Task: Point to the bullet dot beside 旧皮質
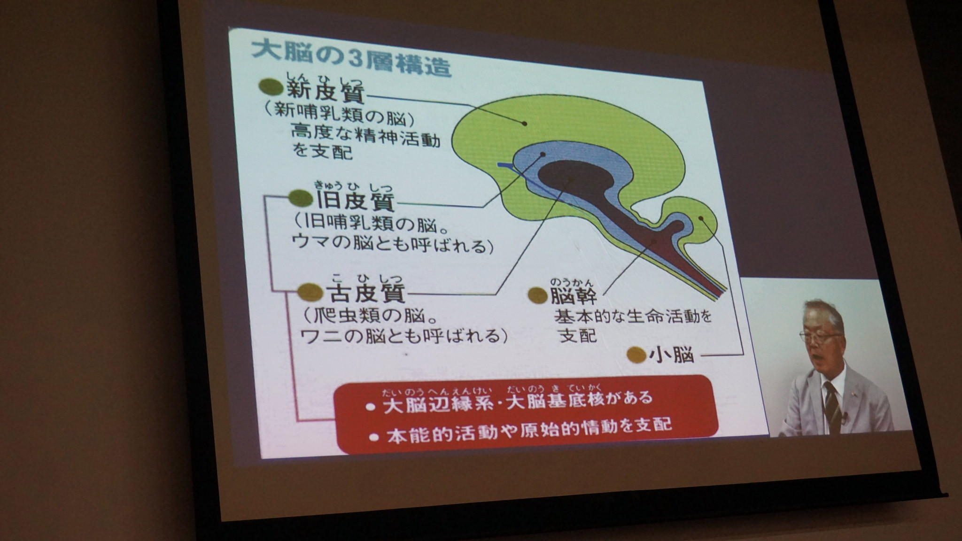[x=301, y=198]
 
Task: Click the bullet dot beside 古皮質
[x=311, y=293]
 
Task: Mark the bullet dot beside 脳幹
[x=538, y=295]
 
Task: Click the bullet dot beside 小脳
[x=636, y=355]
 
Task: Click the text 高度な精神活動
[x=365, y=136]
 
